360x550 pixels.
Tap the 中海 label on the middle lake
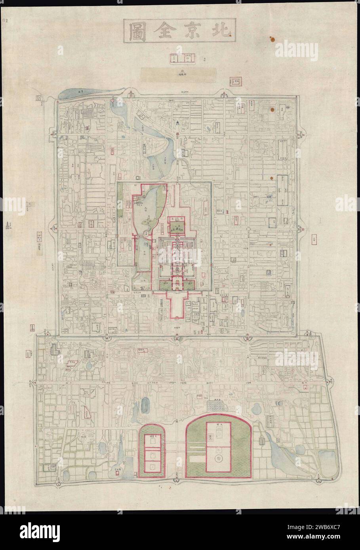coord(143,250)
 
